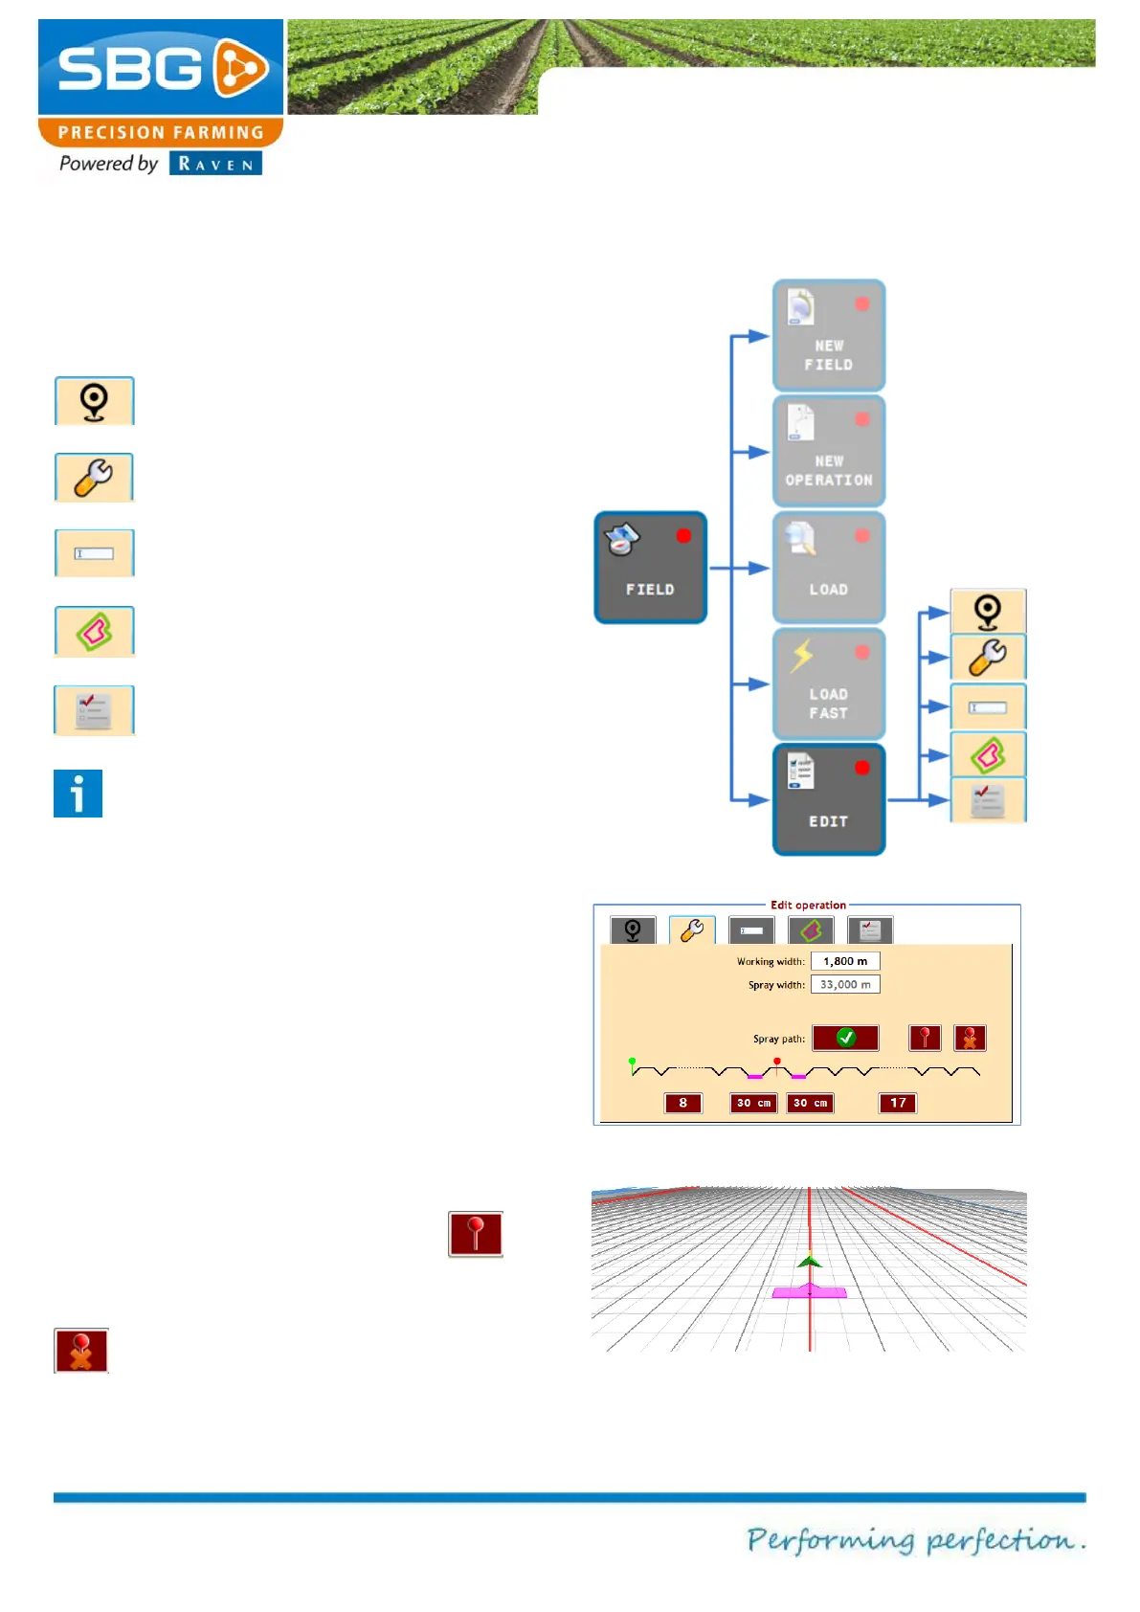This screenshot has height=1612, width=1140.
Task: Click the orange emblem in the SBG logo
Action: coord(239,68)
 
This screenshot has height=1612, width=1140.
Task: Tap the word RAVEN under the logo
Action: coord(215,164)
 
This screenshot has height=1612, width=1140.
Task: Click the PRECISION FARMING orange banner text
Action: coord(161,132)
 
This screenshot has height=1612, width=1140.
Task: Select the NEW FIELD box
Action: coord(829,335)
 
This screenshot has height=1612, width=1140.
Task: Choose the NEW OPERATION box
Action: coord(829,451)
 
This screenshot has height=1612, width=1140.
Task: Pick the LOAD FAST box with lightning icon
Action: coord(829,683)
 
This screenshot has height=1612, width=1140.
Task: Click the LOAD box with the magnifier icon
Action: coord(829,568)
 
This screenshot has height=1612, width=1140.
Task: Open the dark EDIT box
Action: coord(829,799)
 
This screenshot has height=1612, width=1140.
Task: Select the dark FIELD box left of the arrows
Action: coord(651,568)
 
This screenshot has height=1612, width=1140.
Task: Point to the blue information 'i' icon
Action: coord(78,794)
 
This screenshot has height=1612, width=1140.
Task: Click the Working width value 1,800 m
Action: coord(845,961)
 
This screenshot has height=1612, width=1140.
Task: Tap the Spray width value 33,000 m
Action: coord(845,984)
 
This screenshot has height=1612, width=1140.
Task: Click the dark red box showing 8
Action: coord(682,1103)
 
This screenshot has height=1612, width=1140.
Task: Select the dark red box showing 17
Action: coord(898,1103)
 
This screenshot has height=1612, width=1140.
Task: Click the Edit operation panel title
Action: coord(808,905)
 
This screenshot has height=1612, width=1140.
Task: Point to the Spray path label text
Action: coord(778,1039)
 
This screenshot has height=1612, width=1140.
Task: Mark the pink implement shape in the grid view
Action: coord(810,1292)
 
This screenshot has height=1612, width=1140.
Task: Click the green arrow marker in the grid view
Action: coord(810,1261)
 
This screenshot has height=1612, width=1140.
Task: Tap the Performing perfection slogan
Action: coord(915,1539)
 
